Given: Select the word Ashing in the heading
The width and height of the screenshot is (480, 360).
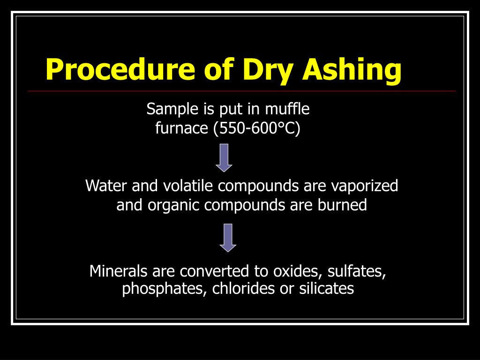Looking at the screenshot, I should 352,69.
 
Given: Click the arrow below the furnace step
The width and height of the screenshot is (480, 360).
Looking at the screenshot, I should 224,157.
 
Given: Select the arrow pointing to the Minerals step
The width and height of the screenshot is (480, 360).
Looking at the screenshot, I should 228,238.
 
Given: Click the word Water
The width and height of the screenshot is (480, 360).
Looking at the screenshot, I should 107,186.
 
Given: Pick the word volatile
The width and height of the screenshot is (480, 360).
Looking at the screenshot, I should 189,186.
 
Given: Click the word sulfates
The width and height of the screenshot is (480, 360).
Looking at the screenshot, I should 357,271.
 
